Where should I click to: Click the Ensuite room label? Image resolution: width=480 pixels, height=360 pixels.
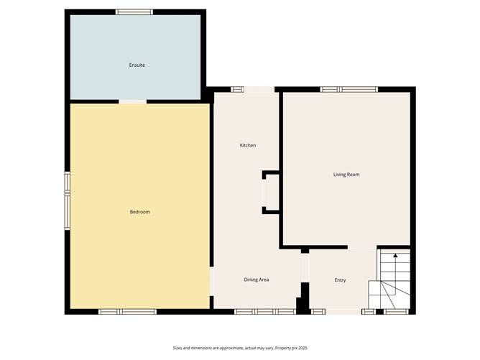click(x=137, y=65)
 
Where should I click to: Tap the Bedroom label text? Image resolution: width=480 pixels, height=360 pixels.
click(x=139, y=212)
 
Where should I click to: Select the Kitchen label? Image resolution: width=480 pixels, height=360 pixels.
click(x=248, y=146)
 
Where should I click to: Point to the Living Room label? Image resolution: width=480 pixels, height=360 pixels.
click(x=346, y=175)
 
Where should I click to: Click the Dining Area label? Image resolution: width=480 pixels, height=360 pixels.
click(x=257, y=280)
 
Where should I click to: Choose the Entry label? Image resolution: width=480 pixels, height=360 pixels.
click(x=340, y=280)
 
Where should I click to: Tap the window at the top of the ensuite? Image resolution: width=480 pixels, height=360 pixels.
click(x=134, y=11)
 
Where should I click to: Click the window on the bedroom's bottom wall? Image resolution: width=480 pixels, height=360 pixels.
click(x=127, y=311)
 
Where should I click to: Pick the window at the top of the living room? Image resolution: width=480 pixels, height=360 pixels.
click(x=349, y=89)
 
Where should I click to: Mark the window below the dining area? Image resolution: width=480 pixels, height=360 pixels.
click(x=265, y=311)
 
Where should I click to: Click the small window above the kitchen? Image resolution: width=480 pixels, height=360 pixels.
click(x=237, y=89)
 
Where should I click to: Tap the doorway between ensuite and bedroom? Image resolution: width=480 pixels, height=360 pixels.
click(x=133, y=101)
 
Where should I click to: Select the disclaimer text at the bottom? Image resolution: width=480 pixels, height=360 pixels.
click(x=240, y=349)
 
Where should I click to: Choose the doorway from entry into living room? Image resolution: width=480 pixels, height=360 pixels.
click(x=362, y=247)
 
